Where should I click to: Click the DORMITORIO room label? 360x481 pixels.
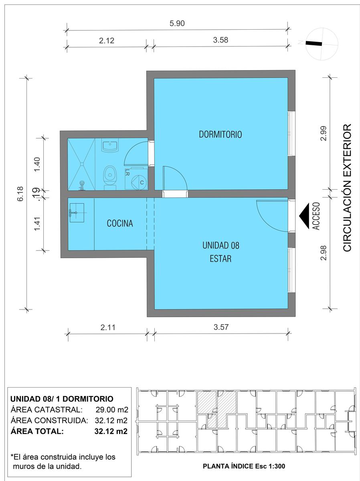[x=220, y=134]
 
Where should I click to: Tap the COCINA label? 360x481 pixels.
[x=120, y=223]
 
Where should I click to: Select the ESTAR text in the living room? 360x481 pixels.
[x=220, y=259]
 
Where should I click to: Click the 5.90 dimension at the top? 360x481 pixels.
[x=177, y=23]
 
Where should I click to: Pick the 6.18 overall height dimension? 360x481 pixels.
[x=20, y=194]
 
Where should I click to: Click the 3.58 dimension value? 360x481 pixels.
[x=220, y=40]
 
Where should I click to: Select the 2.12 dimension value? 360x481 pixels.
[x=107, y=41]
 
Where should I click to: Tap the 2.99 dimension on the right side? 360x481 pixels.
[x=324, y=133]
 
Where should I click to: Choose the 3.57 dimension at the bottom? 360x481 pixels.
[x=221, y=327]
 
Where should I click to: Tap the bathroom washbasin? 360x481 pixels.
[x=110, y=145]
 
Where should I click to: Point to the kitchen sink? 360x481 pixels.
[x=77, y=213]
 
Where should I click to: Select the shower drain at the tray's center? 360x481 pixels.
[x=81, y=164]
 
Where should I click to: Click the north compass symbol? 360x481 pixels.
[x=322, y=44]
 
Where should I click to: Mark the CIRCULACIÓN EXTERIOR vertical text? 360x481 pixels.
[x=347, y=188]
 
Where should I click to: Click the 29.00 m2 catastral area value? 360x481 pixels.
[x=112, y=410]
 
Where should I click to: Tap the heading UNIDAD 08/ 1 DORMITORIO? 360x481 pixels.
[x=62, y=398]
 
